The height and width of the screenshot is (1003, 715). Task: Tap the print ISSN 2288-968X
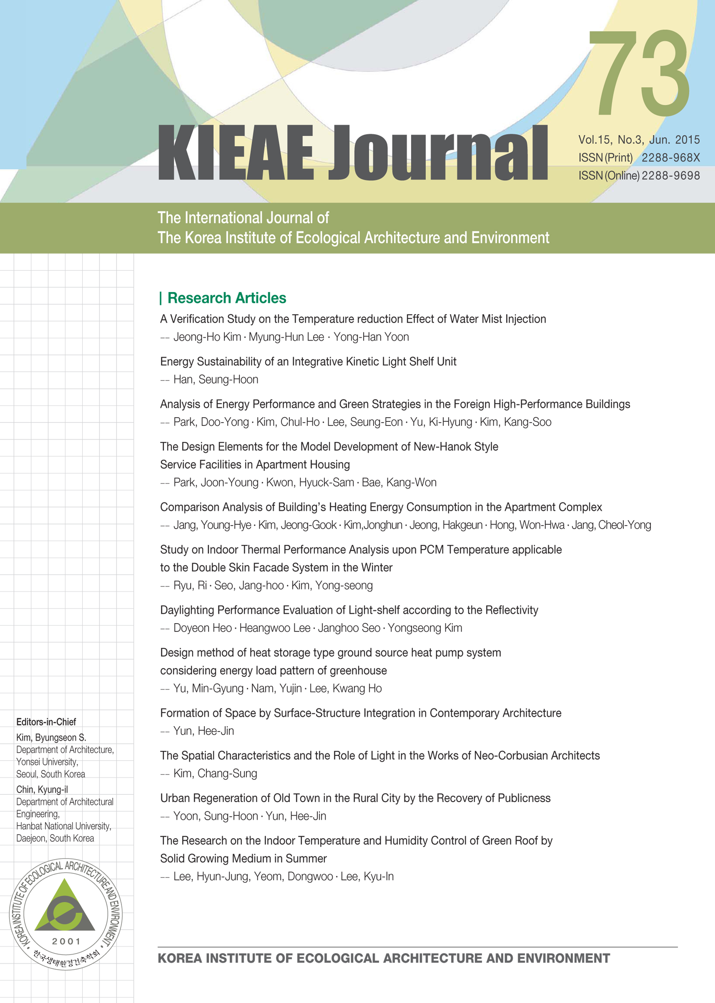tap(670, 157)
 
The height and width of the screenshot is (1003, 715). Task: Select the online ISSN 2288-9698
tap(670, 175)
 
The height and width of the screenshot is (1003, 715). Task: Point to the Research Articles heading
tap(226, 298)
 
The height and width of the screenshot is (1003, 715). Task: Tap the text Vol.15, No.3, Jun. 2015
tap(638, 140)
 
